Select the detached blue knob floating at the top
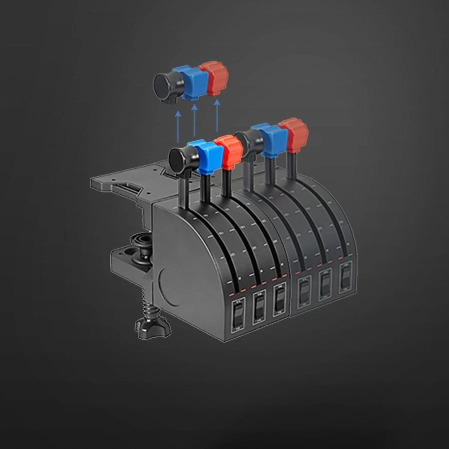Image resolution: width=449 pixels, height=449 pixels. point(192,81)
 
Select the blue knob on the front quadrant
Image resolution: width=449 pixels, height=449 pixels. point(206,156)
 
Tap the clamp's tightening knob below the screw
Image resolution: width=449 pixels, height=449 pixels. point(150,324)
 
